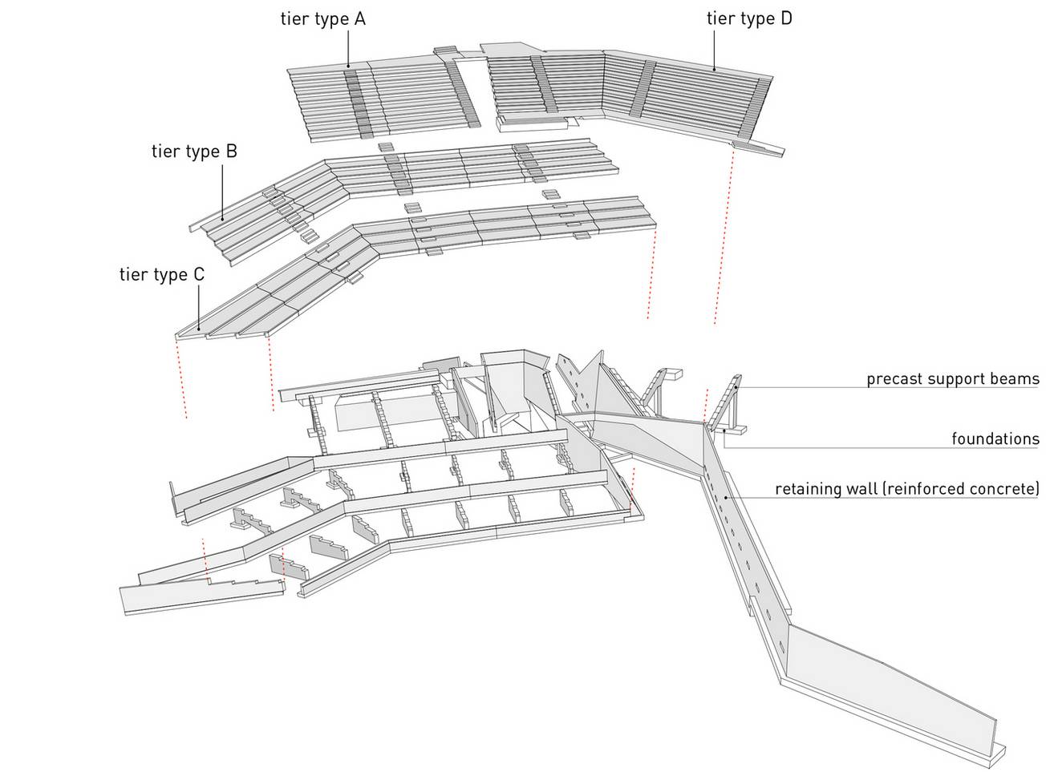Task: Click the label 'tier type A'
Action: [322, 18]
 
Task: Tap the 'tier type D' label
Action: [749, 18]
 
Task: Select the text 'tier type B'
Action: [194, 151]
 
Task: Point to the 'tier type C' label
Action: [162, 275]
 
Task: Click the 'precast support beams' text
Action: [952, 378]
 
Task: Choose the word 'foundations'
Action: [995, 439]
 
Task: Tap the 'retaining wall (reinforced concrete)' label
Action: [907, 488]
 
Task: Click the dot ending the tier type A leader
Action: [348, 65]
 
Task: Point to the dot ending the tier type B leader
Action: [222, 218]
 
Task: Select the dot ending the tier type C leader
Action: [199, 329]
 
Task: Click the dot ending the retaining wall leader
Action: [727, 498]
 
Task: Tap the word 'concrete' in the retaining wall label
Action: [1008, 488]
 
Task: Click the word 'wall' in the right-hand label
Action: [859, 488]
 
